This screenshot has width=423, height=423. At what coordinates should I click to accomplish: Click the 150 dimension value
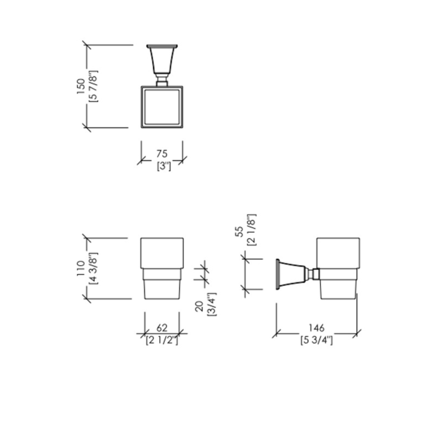pos(81,86)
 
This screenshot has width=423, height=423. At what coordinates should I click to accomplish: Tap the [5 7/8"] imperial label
pos(93,86)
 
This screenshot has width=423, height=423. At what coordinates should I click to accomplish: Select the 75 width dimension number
pos(162,154)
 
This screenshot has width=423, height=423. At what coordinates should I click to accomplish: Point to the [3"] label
pos(164,166)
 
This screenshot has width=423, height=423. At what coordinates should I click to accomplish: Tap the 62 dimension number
pos(162,328)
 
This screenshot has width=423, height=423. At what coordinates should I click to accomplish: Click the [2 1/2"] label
pos(162,341)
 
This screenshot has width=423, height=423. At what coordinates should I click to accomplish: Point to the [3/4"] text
pos(211,304)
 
